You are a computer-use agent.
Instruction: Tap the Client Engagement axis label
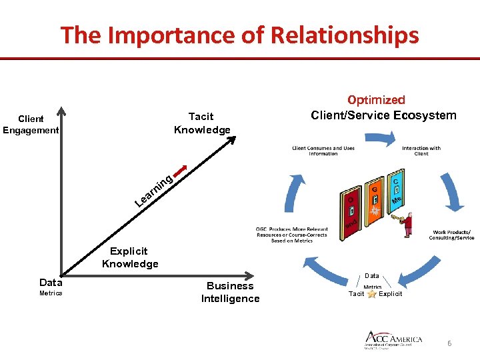pyautogui.click(x=31, y=125)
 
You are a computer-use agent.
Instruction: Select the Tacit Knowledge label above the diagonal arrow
pyautogui.click(x=201, y=123)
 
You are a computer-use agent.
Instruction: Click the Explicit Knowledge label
pyautogui.click(x=130, y=257)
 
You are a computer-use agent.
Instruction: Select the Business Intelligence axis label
pyautogui.click(x=230, y=292)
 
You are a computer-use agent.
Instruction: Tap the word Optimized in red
pyautogui.click(x=376, y=100)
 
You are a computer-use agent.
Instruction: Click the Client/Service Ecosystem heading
pyautogui.click(x=383, y=115)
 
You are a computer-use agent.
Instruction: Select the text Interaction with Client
pyautogui.click(x=421, y=151)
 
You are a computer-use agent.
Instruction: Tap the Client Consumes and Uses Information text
pyautogui.click(x=323, y=151)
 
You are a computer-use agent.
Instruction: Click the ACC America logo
pyautogui.click(x=393, y=339)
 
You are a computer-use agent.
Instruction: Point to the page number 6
pyautogui.click(x=449, y=343)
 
